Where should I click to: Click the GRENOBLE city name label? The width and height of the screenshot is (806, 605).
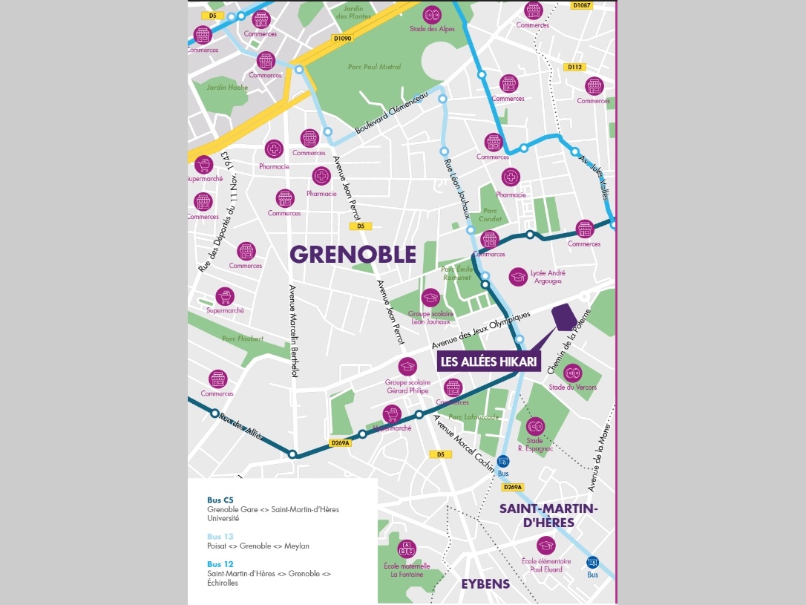(x=353, y=255)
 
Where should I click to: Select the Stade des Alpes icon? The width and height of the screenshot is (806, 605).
(x=431, y=14)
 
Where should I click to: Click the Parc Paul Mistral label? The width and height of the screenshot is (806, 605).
(x=374, y=67)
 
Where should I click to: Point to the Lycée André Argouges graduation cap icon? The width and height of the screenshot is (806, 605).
(x=518, y=277)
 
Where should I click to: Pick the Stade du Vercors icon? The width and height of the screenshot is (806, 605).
(x=572, y=373)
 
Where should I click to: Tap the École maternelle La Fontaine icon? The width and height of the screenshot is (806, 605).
(x=407, y=549)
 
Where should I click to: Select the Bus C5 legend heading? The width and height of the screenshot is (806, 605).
(x=220, y=500)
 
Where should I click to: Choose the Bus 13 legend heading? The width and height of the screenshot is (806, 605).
(x=220, y=536)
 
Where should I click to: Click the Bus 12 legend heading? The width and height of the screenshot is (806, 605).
(x=220, y=564)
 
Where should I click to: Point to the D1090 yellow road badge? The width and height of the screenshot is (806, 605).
(x=342, y=39)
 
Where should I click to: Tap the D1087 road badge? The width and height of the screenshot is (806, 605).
(x=583, y=5)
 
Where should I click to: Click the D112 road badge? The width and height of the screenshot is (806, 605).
(x=574, y=67)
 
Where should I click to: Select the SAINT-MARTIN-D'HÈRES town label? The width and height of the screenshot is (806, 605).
(x=548, y=515)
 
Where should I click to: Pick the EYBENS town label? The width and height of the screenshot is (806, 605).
(x=485, y=583)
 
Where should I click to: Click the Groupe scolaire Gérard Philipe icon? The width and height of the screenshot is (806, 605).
(x=407, y=366)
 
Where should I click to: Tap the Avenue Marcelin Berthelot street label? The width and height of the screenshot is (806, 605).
(x=293, y=332)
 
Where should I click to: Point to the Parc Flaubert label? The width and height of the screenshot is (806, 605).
(x=243, y=339)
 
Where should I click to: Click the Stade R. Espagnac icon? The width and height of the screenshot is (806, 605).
(x=535, y=425)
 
